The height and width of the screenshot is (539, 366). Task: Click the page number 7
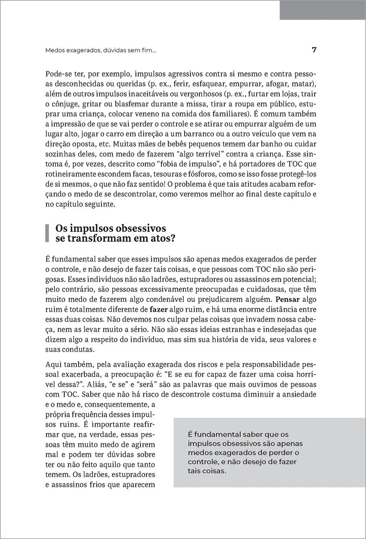click(x=314, y=50)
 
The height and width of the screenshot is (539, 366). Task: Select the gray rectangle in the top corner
click(x=322, y=10)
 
